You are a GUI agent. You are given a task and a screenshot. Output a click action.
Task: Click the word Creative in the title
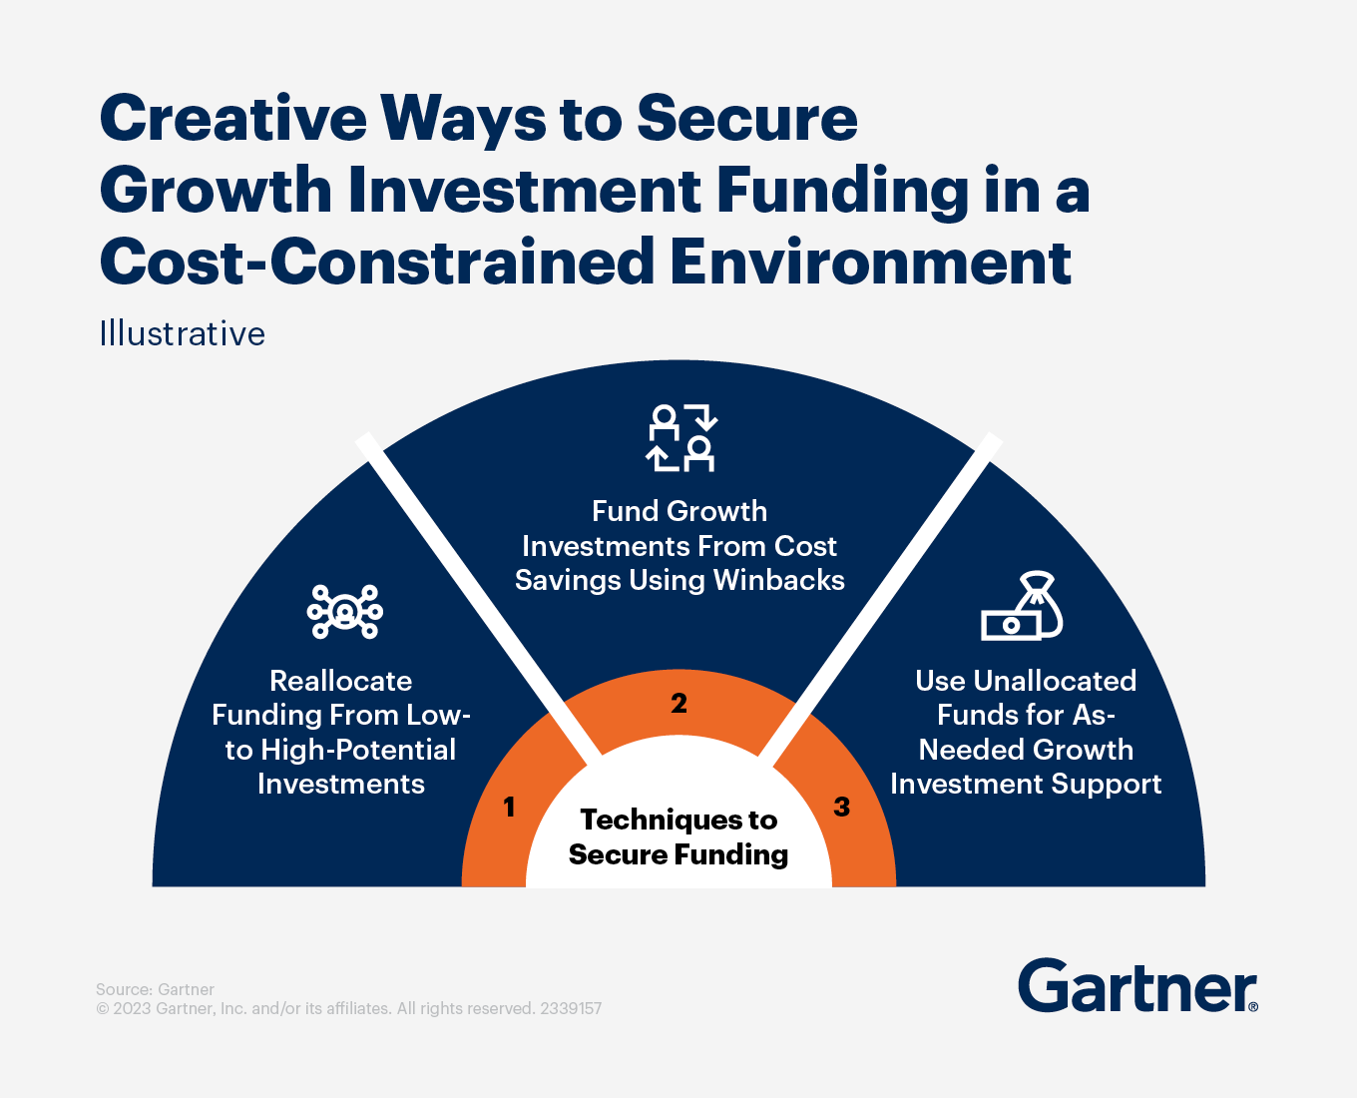pyautogui.click(x=233, y=119)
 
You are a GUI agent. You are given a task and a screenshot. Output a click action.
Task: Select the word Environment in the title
pyautogui.click(x=871, y=263)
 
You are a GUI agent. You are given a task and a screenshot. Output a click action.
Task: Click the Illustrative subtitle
pyautogui.click(x=182, y=334)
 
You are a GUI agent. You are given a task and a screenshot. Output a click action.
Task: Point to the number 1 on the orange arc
pyautogui.click(x=509, y=807)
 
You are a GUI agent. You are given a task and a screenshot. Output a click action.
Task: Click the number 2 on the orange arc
pyautogui.click(x=678, y=704)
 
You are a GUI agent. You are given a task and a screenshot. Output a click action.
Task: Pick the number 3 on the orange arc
pyautogui.click(x=842, y=807)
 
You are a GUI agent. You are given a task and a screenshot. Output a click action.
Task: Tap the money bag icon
pyautogui.click(x=1023, y=607)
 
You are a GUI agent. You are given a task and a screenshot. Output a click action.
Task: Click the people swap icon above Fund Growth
pyautogui.click(x=681, y=437)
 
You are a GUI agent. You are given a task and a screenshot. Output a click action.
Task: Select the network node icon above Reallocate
pyautogui.click(x=344, y=611)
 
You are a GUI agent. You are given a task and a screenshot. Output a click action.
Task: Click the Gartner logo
pyautogui.click(x=1137, y=986)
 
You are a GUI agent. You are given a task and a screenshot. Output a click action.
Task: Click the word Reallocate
pyautogui.click(x=341, y=681)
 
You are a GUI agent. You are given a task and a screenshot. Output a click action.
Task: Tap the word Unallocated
pyautogui.click(x=1055, y=681)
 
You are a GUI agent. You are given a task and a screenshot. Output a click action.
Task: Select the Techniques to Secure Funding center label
pyautogui.click(x=678, y=836)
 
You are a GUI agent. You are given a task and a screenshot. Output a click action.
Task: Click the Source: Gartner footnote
pyautogui.click(x=155, y=989)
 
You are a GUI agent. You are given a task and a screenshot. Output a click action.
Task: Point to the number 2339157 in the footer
pyautogui.click(x=571, y=1008)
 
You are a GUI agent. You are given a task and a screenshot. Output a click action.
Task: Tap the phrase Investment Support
pyautogui.click(x=1026, y=784)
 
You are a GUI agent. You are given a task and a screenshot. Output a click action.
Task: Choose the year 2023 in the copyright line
pyautogui.click(x=133, y=1008)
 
